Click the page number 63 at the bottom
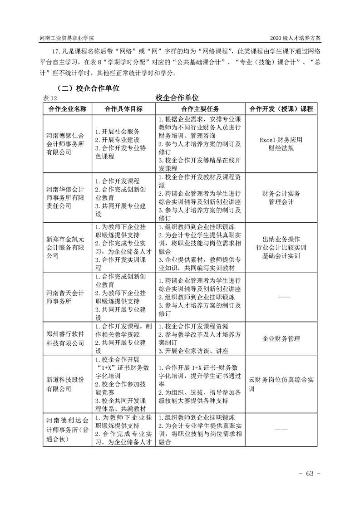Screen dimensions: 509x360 pyautogui.click(x=310, y=474)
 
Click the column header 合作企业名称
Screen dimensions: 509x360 pyautogui.click(x=67, y=109)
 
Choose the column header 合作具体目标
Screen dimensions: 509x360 pyautogui.click(x=123, y=109)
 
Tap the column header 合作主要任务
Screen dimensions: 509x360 pyautogui.click(x=200, y=109)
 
